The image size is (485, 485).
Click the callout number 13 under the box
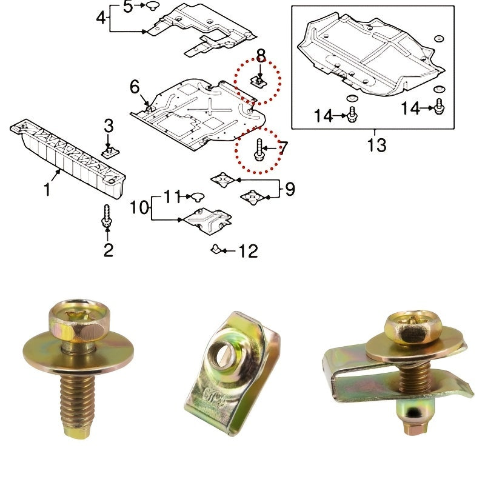pos(376,145)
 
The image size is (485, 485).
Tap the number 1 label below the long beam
pos(47,190)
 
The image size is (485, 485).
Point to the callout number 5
pos(128,7)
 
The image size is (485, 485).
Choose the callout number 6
pos(135,87)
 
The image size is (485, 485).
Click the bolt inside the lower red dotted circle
pos(259,151)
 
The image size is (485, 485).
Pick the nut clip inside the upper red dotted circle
pos(259,81)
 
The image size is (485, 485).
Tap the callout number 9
pos(290,190)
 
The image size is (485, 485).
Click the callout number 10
pos(139,208)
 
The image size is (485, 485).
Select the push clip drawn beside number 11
pos(198,196)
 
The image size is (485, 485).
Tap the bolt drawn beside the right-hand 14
pos(440,107)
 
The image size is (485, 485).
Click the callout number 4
pos(101,18)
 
